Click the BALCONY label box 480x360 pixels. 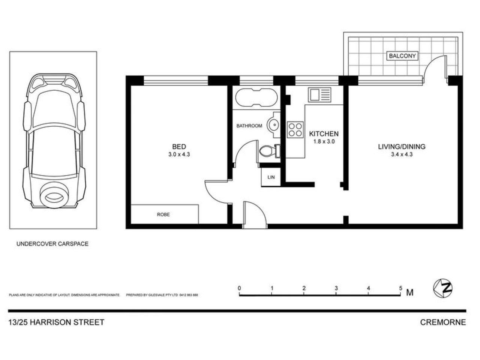pos(402,56)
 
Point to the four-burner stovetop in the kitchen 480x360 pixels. pos(295,129)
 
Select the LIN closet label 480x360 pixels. pos(270,177)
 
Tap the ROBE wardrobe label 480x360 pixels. pos(163,214)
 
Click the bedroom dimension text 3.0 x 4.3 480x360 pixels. pos(179,154)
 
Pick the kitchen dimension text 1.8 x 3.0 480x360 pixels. pos(324,142)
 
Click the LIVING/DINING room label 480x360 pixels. pos(402,147)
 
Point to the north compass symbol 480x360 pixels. pos(443,288)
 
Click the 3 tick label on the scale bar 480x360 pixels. pos(336,288)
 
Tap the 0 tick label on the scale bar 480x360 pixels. pos(239,288)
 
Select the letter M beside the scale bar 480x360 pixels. pos(410,292)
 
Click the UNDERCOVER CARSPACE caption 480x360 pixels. pos(52,244)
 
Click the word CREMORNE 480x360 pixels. pos(443,322)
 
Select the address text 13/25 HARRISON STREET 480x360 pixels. pos(56,322)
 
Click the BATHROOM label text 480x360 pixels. pos(249,126)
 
